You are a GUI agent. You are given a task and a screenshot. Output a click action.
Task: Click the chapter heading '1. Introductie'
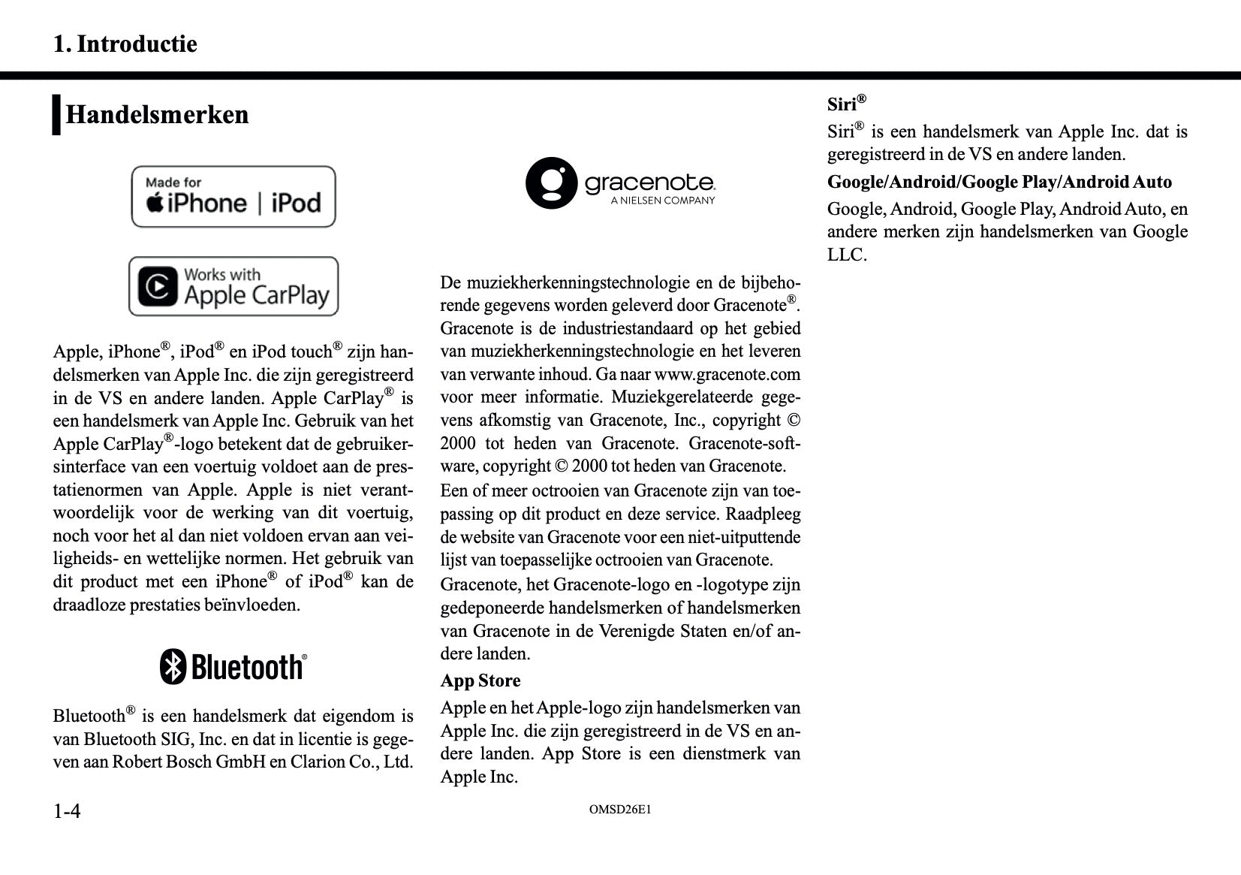(x=125, y=44)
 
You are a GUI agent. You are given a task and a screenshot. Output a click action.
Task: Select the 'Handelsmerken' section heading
(x=157, y=115)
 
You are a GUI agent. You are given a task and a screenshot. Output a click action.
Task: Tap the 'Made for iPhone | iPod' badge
(x=233, y=197)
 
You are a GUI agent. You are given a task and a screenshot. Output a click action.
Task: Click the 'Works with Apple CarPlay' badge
(x=233, y=286)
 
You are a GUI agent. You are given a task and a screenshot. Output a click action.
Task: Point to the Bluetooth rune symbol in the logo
(x=173, y=666)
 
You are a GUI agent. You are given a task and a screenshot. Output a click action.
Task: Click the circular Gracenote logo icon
(x=551, y=183)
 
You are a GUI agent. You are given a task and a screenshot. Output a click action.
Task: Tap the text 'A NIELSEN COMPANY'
(x=662, y=201)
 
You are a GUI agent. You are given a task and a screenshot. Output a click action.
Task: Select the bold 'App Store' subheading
(x=480, y=680)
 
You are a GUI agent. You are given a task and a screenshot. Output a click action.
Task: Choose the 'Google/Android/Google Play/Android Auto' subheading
(x=999, y=182)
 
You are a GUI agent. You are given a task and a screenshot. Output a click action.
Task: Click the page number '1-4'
(x=67, y=811)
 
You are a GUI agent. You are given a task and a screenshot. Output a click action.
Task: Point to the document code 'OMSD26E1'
(x=620, y=810)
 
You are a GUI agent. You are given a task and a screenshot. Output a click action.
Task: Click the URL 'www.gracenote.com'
(x=727, y=374)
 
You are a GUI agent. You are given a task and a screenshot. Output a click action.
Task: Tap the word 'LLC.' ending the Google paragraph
(x=847, y=255)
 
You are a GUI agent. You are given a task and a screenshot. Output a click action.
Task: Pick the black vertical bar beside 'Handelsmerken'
(x=56, y=115)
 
